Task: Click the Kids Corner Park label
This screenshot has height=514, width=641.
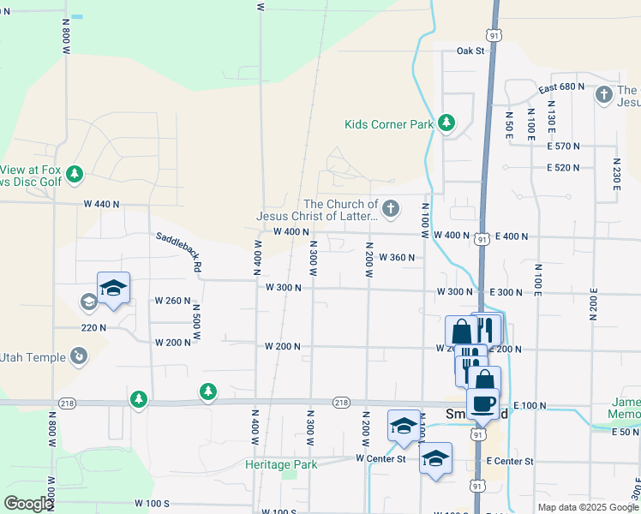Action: click(389, 124)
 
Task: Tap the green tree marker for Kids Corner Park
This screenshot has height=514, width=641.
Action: click(446, 124)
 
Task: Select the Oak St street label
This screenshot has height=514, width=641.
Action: click(470, 51)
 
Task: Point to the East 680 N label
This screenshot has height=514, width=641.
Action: click(561, 87)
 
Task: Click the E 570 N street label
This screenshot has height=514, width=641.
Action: click(563, 146)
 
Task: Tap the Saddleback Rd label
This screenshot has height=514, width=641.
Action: click(178, 253)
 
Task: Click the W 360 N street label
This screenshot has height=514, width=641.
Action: click(396, 257)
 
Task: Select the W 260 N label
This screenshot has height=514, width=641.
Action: click(172, 301)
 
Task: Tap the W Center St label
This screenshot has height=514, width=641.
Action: click(380, 458)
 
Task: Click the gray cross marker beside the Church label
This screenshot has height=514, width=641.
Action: click(391, 208)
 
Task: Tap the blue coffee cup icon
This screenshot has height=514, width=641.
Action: click(484, 403)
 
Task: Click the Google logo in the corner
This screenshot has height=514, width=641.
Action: click(28, 504)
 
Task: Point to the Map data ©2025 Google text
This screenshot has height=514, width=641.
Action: click(587, 507)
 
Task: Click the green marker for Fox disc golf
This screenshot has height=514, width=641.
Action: click(75, 175)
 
